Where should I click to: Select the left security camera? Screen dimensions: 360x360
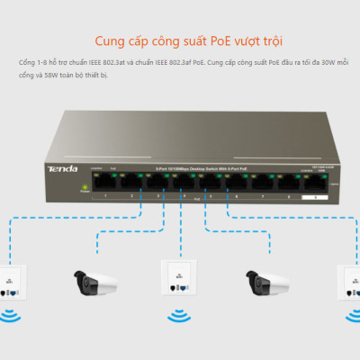[97, 280]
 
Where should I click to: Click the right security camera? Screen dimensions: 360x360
[262, 280]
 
